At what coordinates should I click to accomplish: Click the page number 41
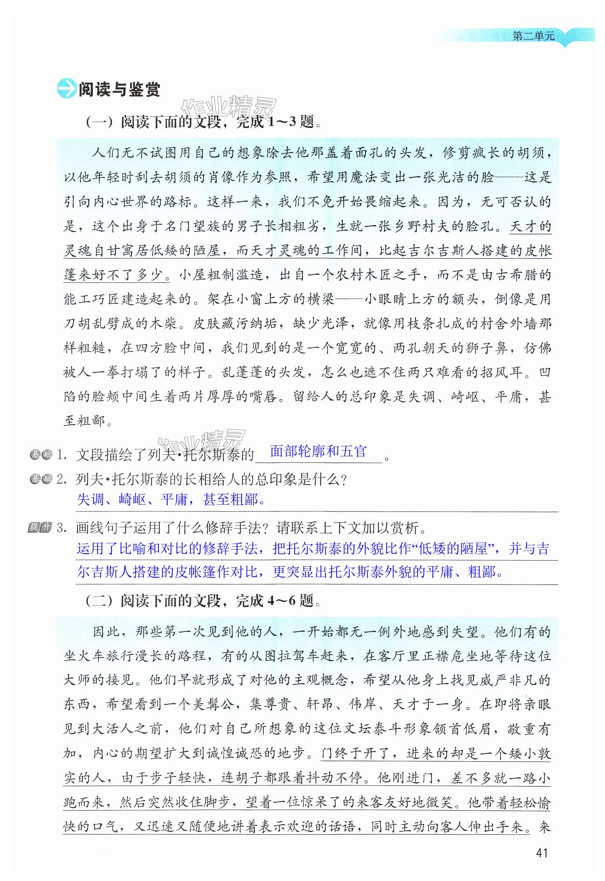pyautogui.click(x=542, y=853)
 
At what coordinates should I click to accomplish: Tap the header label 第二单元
pyautogui.click(x=533, y=36)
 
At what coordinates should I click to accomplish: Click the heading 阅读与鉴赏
pyautogui.click(x=119, y=90)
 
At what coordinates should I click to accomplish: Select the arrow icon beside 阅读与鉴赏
pyautogui.click(x=66, y=89)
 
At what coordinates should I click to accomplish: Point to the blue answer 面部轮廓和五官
pyautogui.click(x=318, y=451)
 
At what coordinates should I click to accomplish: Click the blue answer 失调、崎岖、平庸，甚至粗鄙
pyautogui.click(x=171, y=500)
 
